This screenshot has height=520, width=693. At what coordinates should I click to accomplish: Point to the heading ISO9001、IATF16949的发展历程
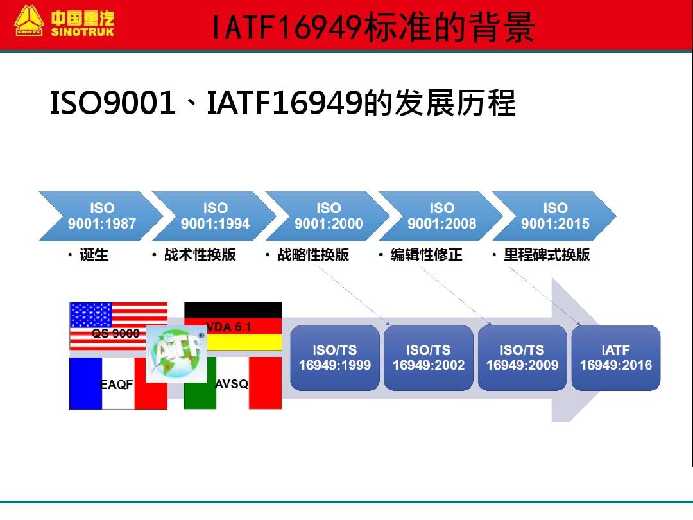pos(282,103)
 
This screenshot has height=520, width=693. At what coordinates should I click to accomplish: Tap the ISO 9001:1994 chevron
pos(215,216)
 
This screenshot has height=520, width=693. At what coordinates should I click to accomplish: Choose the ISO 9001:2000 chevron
pos(329,216)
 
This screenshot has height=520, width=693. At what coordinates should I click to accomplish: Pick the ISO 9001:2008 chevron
pos(442,216)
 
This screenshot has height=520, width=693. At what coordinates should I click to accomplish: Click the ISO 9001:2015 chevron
pos(555,216)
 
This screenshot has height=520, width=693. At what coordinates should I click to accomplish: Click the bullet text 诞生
pos(94,255)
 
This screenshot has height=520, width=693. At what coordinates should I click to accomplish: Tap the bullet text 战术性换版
pos(200,255)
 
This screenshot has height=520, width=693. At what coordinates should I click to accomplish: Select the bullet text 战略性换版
pos(312,255)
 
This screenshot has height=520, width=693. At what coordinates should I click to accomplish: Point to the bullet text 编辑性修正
pos(426,255)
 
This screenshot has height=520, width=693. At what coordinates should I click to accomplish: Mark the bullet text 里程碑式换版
pos(546,255)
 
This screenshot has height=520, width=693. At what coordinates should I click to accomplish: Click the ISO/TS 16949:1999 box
pos(335,358)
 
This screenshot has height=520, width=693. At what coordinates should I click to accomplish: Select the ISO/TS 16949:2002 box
pos(429,358)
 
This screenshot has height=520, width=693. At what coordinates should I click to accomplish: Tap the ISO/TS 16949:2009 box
pos(522,358)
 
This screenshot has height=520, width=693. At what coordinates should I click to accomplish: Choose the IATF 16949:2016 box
pos(616,358)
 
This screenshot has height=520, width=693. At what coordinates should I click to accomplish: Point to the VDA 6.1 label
pos(229,327)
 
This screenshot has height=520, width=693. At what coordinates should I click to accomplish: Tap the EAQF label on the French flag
pos(117,385)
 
